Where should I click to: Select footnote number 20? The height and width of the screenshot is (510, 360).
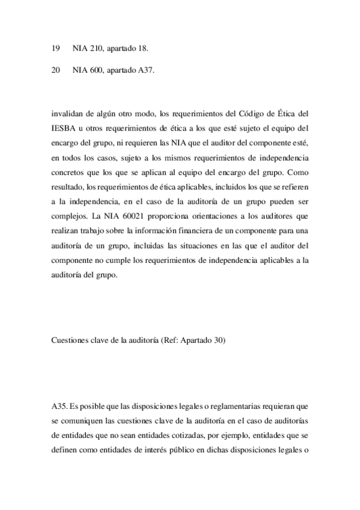click(56, 70)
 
